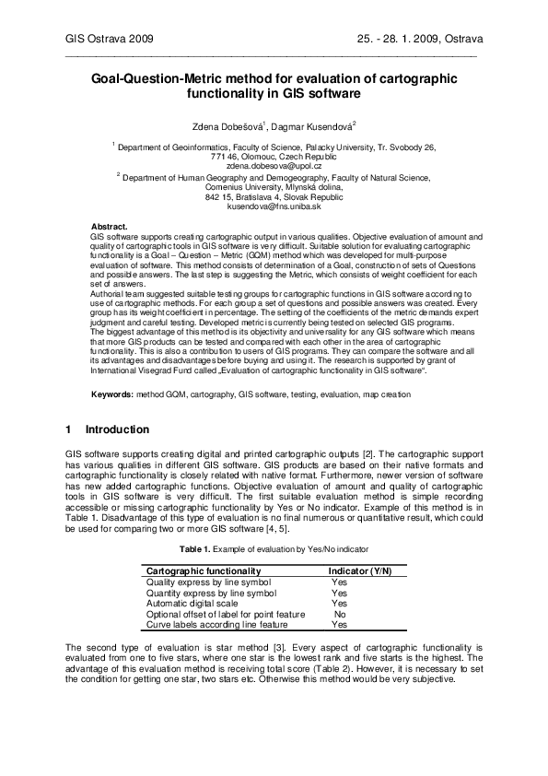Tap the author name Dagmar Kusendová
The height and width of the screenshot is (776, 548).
point(312,124)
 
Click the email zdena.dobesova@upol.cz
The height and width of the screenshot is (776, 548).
point(274,166)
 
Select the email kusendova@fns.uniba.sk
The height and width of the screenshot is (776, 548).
point(274,206)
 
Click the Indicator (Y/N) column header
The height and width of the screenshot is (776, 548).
point(360,571)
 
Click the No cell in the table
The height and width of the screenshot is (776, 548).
point(340,614)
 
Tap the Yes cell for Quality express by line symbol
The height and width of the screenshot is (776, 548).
point(339,582)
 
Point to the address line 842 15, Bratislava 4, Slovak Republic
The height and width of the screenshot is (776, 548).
point(274,196)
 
